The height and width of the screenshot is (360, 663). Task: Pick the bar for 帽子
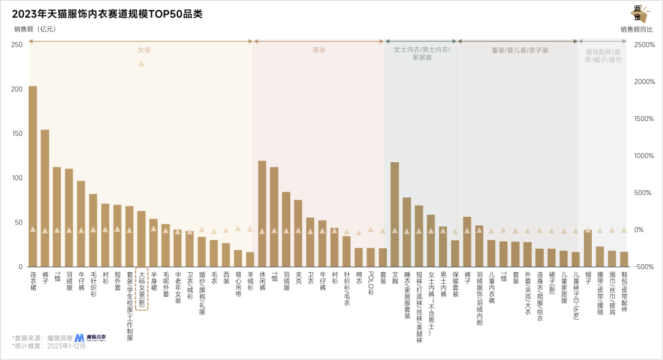(587, 249)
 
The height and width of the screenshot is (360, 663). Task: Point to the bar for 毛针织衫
(93, 230)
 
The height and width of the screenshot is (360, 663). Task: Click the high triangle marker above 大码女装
(141, 63)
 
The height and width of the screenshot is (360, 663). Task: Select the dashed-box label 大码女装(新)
(141, 289)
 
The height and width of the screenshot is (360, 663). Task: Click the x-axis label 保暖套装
(455, 284)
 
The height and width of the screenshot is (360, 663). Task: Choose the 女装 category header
(144, 50)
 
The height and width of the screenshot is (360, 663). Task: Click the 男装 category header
(319, 50)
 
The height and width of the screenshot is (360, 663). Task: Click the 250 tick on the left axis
(17, 44)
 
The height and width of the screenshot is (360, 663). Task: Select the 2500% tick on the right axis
(644, 44)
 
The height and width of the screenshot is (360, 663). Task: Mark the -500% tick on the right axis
(645, 267)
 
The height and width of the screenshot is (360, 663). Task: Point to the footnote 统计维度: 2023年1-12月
(49, 346)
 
